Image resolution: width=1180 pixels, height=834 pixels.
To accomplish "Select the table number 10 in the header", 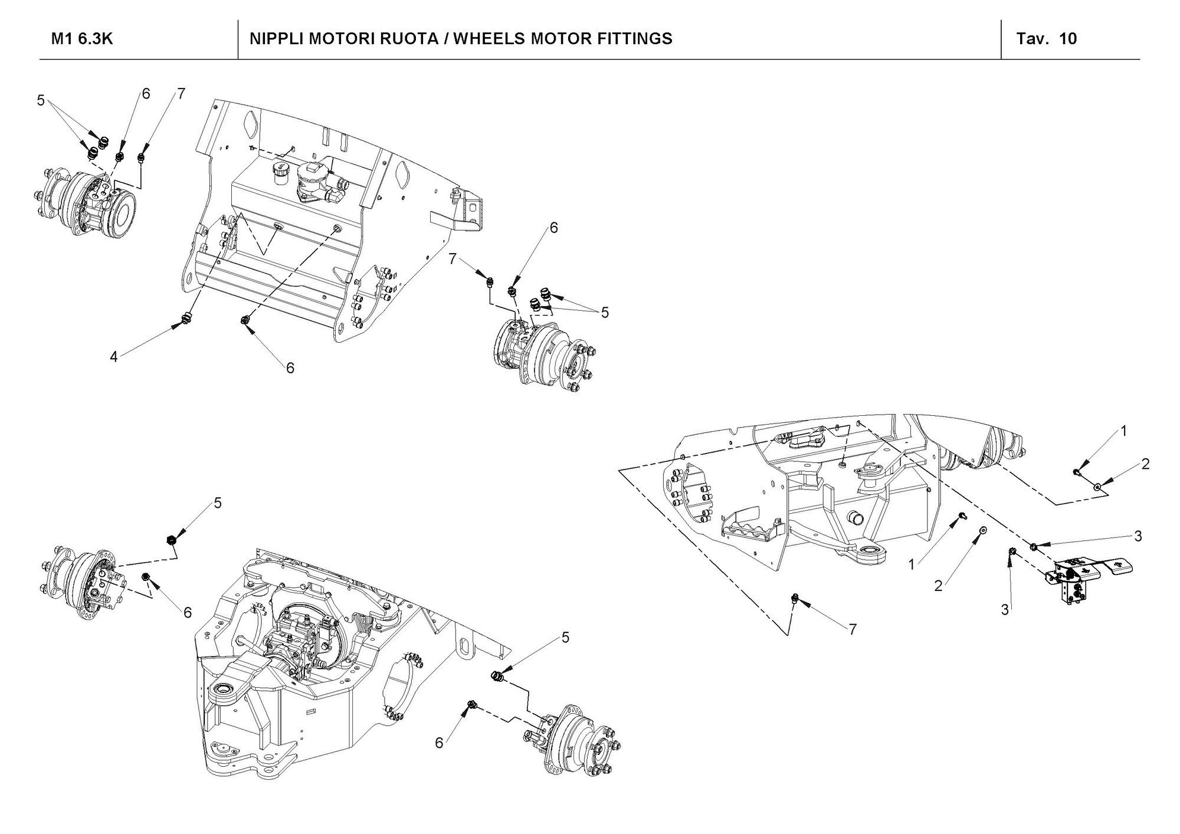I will tap(1068, 39).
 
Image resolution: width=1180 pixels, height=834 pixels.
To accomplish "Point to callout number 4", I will tap(114, 356).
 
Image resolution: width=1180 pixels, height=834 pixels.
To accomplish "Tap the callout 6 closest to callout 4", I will tap(290, 368).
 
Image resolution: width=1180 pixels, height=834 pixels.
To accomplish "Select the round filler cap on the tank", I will tap(278, 171).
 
